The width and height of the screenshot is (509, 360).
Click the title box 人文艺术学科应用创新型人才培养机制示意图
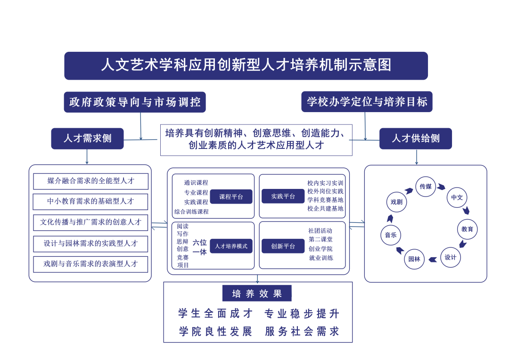[x=246, y=65]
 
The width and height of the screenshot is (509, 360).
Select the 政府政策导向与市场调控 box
[x=135, y=102]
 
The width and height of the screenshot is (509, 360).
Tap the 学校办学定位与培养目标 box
[x=367, y=102]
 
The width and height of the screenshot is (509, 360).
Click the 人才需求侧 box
[x=87, y=139]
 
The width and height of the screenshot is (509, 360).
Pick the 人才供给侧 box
[x=415, y=139]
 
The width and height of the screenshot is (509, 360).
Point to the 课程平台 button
[x=231, y=196]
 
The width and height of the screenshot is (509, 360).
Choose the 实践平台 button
[x=283, y=196]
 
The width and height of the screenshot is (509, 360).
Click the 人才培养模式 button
[x=231, y=246]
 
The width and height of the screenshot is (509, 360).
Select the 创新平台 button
[x=283, y=246]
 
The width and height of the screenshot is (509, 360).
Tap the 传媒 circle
[x=426, y=187]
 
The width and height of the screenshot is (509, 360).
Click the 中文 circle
[x=457, y=197]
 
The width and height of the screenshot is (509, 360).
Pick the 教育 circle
[x=467, y=229]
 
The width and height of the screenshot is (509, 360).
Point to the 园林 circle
[x=414, y=259]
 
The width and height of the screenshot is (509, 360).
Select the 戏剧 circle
[x=396, y=202]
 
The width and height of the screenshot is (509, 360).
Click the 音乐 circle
[x=391, y=235]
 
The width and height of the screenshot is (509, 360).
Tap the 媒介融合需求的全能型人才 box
[x=91, y=181]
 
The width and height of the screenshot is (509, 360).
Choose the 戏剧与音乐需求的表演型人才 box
[x=91, y=264]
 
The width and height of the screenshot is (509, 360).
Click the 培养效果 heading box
[x=257, y=294]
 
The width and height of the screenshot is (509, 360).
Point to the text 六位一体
[x=200, y=247]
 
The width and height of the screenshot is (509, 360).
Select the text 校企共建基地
[x=325, y=208]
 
